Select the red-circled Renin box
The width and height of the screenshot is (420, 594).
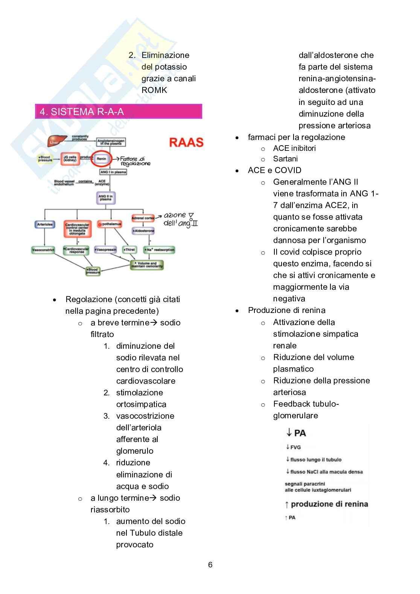point(102,159)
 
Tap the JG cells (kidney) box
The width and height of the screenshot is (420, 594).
point(70,159)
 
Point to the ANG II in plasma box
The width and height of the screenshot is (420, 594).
point(106,197)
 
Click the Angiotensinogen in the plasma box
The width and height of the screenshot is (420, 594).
point(111,142)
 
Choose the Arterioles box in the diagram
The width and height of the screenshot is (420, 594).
point(45,225)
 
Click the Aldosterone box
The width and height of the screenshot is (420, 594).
point(143,230)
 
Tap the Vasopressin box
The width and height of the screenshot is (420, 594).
point(105,249)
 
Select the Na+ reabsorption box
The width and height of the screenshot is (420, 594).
point(159,249)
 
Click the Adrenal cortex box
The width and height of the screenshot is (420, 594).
point(143,218)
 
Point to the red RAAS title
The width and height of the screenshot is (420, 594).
point(186,142)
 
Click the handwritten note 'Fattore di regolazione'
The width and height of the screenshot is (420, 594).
point(135,161)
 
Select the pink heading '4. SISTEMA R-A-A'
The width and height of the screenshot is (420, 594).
point(119,111)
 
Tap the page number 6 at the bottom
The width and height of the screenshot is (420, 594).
point(210,565)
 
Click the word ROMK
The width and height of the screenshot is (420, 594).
point(154,90)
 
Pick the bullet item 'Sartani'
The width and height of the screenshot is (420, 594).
point(285,159)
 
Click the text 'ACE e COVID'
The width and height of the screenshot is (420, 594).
point(274,170)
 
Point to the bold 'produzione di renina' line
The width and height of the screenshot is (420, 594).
point(329,504)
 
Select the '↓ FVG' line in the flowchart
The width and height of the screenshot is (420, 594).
point(294,447)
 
